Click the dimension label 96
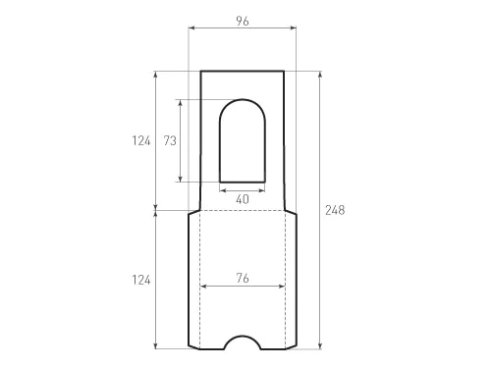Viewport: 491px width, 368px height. [x=243, y=22]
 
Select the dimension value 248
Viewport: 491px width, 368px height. [x=335, y=210]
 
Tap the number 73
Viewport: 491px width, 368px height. [x=170, y=140]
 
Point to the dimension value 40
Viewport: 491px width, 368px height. [x=243, y=199]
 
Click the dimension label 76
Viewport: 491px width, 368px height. [x=243, y=279]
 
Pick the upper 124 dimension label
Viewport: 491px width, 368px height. [x=141, y=140]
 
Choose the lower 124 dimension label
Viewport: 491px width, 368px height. [x=141, y=280]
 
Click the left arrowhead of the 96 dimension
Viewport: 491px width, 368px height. [x=192, y=28]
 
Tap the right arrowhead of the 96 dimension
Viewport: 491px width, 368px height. [x=293, y=28]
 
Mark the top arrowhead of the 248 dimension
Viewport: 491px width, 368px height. [x=320, y=75]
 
